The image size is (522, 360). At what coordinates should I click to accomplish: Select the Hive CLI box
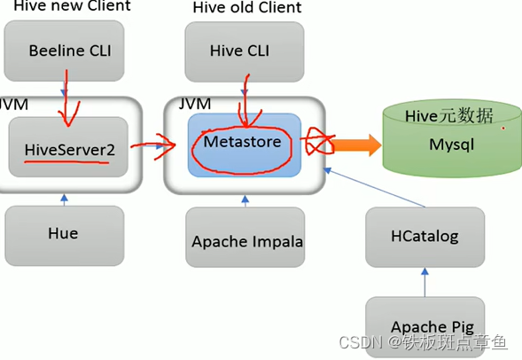(244, 51)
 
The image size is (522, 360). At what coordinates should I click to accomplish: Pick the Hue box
(63, 234)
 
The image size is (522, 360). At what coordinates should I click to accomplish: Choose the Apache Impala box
(245, 240)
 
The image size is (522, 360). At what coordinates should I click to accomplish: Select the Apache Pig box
(425, 327)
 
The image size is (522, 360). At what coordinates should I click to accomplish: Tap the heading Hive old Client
(246, 8)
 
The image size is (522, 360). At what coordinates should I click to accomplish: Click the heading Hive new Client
(71, 6)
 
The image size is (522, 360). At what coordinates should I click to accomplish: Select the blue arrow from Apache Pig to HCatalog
(425, 283)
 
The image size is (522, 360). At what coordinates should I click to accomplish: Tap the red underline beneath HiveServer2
(68, 164)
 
